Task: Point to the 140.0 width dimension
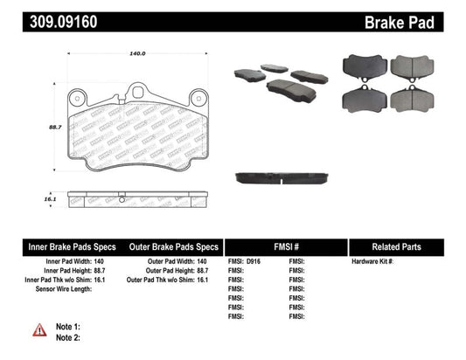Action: pos(136,53)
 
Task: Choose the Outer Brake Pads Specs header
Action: pos(173,246)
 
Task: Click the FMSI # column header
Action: pos(286,246)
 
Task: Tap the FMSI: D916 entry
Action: pos(247,262)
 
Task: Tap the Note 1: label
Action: pos(69,325)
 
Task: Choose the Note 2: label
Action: pos(69,336)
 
